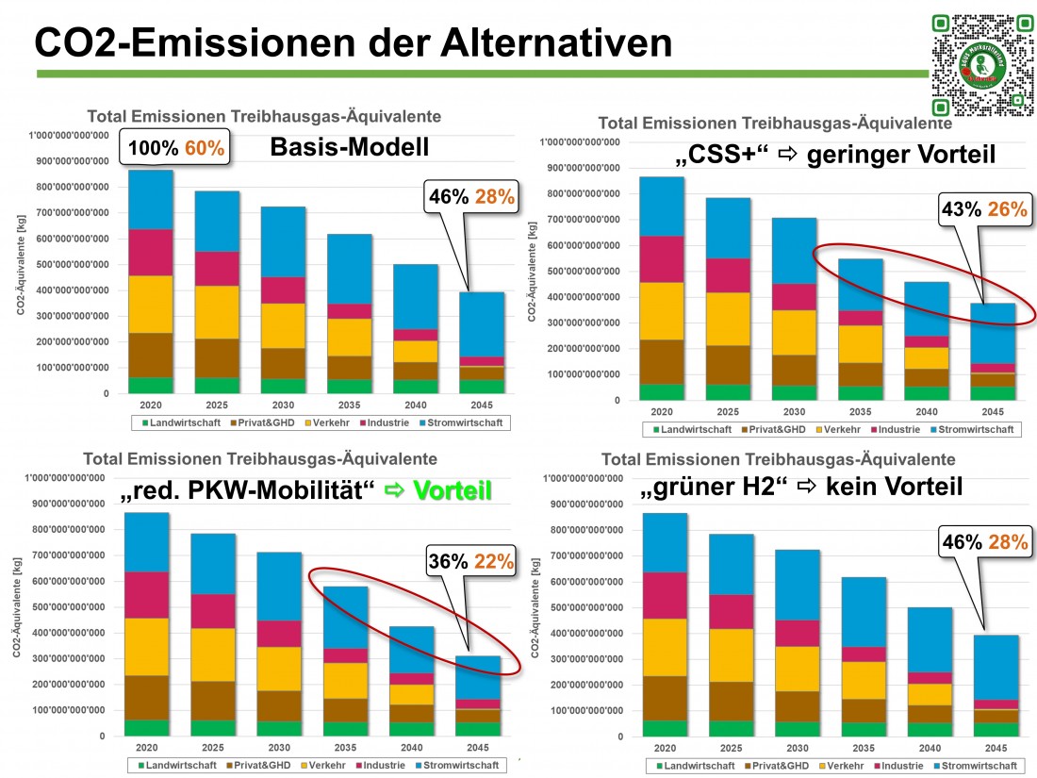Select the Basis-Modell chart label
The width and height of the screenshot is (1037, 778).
[x=349, y=148]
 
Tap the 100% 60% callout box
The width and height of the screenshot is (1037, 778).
[x=176, y=148]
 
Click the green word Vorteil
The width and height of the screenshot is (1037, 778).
[x=451, y=490]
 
